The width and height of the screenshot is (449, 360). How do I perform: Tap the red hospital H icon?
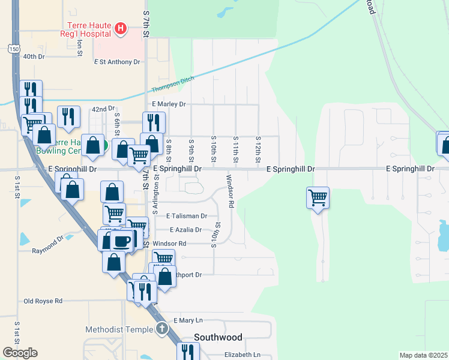[121, 28]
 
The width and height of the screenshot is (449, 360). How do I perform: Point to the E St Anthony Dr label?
[117, 62]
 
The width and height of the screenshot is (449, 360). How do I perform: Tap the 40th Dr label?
[34, 56]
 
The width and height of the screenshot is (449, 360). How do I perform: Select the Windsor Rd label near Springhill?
[230, 191]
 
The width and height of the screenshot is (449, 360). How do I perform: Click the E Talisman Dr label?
[187, 215]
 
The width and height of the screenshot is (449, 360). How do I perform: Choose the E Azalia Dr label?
[185, 230]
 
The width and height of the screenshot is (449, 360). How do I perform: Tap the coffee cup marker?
[122, 241]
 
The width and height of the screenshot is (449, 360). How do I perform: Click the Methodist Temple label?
[120, 329]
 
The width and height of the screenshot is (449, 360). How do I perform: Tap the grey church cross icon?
[161, 329]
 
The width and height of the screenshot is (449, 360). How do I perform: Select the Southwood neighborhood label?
[218, 338]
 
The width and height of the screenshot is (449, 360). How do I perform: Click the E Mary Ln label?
[188, 321]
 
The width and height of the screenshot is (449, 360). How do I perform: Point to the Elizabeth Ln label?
[242, 355]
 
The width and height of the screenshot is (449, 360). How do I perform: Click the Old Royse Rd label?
[43, 301]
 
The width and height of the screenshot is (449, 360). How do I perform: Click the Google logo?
[20, 353]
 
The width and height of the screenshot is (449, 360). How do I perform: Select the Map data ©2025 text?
[423, 355]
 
